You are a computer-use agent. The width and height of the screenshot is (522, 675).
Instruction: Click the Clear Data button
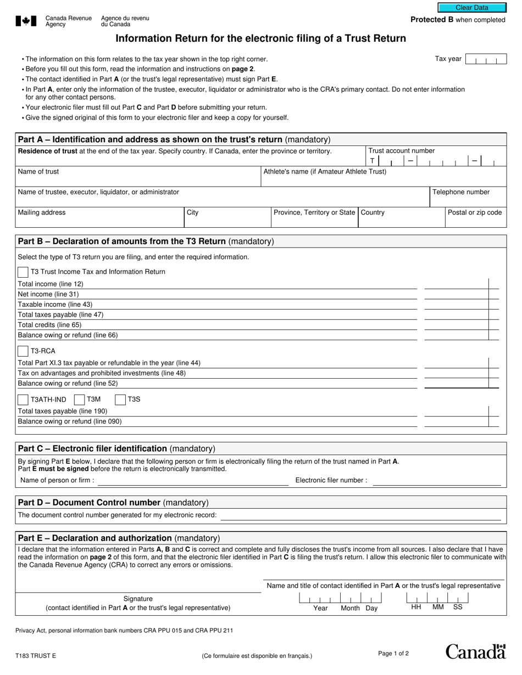(x=471, y=8)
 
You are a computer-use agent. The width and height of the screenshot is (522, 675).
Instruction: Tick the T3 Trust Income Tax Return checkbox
(x=23, y=272)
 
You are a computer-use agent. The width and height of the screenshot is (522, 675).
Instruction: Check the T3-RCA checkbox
(x=23, y=351)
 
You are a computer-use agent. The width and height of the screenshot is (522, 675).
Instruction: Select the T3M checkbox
(x=79, y=400)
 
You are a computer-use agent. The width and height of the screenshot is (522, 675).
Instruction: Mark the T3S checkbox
(x=120, y=400)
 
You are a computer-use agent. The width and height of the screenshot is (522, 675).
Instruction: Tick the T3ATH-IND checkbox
(x=23, y=400)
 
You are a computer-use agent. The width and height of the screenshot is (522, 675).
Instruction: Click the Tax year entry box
(x=485, y=59)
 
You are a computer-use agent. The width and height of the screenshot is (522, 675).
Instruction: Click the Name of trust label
(x=38, y=172)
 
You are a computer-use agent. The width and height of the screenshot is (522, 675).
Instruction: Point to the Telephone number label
(x=460, y=192)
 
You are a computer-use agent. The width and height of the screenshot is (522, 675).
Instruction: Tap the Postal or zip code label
(x=475, y=212)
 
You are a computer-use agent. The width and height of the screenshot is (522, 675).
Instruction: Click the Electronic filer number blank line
(x=437, y=481)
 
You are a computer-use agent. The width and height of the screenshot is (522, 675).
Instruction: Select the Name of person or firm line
(x=192, y=481)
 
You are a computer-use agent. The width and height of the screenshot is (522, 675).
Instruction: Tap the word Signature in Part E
(x=138, y=599)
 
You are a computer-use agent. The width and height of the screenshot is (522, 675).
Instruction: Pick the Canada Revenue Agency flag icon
(x=26, y=21)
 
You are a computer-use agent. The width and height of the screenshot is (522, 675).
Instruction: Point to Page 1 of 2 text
(x=393, y=654)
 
